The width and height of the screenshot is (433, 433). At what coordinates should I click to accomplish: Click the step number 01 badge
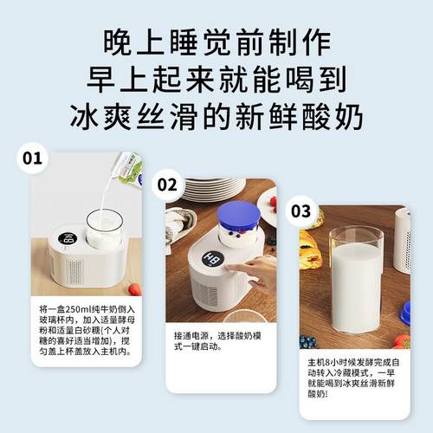pos(32,158)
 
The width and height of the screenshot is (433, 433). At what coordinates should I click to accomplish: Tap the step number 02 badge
pos(167,184)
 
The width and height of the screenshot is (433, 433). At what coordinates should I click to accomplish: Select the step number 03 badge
pos(301,210)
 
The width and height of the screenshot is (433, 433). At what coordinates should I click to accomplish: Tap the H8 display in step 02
pos(210,259)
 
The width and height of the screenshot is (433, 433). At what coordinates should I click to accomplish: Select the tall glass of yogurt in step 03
pos(356,277)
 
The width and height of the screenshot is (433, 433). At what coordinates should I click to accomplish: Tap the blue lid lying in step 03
pos(404,312)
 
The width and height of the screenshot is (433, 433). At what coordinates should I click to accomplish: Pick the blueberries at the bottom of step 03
pos(306,340)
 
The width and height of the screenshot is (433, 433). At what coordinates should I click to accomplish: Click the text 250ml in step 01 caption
pos(79,308)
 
